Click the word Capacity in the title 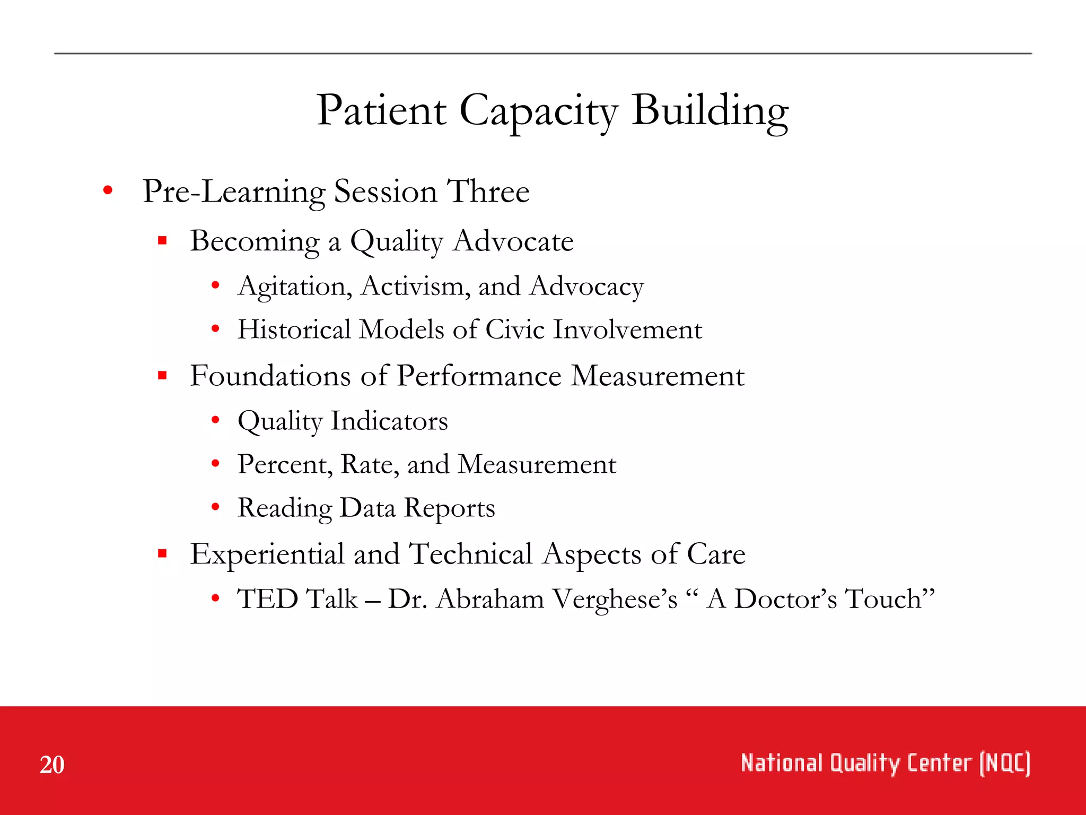pos(538,111)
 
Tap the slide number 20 pos(52,765)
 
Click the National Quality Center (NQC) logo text pos(885,764)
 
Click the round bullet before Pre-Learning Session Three pos(108,190)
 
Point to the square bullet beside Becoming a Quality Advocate pos(162,241)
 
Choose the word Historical pos(294,330)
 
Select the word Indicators pos(389,421)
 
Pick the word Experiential pos(267,554)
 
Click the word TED pos(267,599)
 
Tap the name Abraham pos(491,599)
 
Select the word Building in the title pos(710,111)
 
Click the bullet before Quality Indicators pos(215,420)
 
